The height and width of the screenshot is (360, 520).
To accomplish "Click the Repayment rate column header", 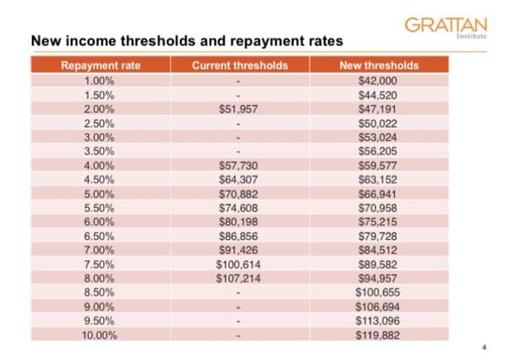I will (x=101, y=66).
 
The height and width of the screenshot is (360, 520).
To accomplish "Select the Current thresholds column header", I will (x=239, y=66).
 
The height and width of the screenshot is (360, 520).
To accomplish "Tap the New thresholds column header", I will (x=379, y=66).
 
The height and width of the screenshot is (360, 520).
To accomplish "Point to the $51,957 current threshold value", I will (x=238, y=110).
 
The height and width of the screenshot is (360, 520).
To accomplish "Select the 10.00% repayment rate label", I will (x=100, y=335).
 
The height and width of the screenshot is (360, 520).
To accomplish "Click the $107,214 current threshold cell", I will (x=238, y=278).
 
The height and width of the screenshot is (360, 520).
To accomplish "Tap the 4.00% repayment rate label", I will (x=100, y=166).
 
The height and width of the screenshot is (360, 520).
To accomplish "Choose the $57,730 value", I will (x=238, y=166).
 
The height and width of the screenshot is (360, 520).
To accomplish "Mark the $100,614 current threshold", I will (x=238, y=264).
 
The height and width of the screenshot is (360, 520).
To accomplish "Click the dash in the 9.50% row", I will (x=238, y=321).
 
